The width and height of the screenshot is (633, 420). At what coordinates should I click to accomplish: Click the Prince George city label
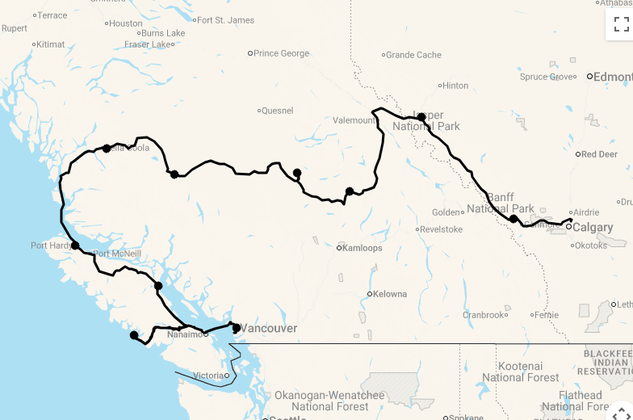point(281,53)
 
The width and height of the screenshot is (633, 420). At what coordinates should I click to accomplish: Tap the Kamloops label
point(362,248)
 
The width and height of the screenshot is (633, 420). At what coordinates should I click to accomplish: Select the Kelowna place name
point(390,294)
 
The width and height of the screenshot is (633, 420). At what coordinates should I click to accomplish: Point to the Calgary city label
point(592,228)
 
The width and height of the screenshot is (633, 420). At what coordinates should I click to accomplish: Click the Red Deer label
point(598,154)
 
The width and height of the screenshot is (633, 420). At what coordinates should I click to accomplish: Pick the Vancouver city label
point(269,329)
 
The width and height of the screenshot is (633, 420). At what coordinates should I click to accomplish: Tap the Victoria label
point(208,376)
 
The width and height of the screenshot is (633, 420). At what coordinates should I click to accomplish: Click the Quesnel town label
point(277,111)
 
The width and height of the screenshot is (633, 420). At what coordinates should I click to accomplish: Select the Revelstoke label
point(442,229)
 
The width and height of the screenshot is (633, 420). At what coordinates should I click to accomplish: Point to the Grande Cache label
point(413,55)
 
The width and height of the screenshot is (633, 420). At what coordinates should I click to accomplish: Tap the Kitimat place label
point(50,44)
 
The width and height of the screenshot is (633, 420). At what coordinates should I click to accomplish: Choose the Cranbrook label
point(484,315)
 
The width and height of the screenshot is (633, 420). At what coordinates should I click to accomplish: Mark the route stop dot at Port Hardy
point(75,246)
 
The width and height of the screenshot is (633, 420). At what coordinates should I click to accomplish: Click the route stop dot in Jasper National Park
point(421,117)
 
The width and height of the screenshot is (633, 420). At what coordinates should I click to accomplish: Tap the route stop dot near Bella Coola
point(107,149)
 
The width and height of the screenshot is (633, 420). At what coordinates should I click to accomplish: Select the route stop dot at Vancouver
point(236,328)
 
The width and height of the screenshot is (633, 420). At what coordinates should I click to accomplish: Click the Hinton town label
point(455,86)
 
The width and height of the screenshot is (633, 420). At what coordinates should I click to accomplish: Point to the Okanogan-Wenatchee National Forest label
point(329,401)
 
